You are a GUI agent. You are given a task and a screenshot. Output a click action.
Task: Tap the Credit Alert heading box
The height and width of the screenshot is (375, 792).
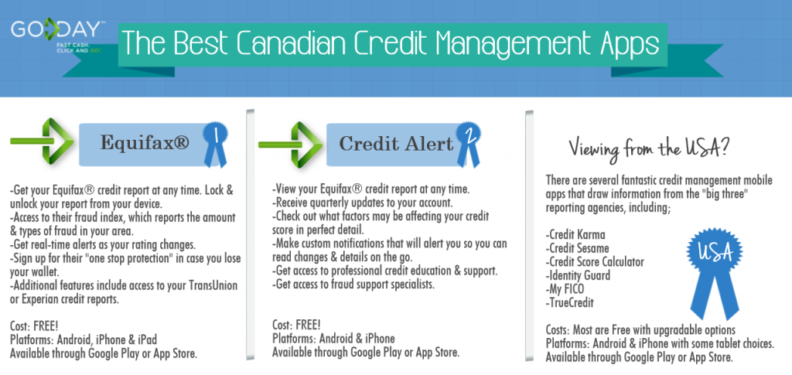pos(397,144)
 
